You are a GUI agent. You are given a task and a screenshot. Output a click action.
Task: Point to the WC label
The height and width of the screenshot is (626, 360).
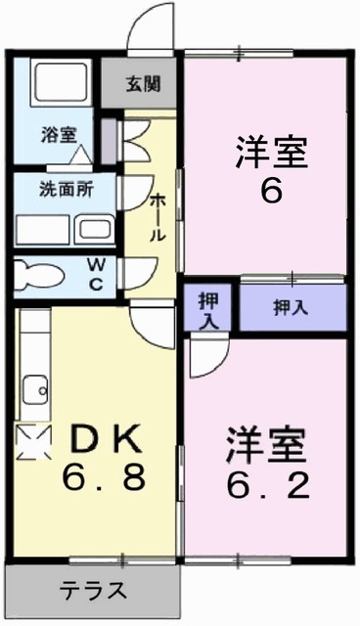[98, 273]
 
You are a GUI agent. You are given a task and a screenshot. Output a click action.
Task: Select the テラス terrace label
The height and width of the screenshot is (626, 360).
[95, 590]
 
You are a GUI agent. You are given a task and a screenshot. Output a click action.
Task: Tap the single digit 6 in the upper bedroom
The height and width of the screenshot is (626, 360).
[271, 190]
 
